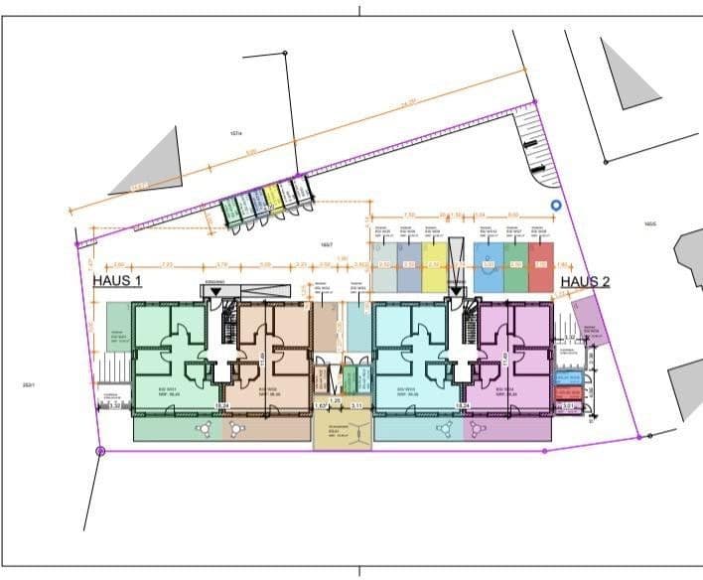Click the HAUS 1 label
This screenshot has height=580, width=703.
pyautogui.click(x=117, y=281)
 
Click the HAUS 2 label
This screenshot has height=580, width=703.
pyautogui.click(x=584, y=281)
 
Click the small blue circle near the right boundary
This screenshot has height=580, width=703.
pyautogui.click(x=556, y=207)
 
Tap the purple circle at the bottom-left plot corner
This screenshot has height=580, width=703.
pyautogui.click(x=100, y=451)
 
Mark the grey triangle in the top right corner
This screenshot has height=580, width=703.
pyautogui.click(x=627, y=74)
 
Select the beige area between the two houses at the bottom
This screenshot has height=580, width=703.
pyautogui.click(x=342, y=434)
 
